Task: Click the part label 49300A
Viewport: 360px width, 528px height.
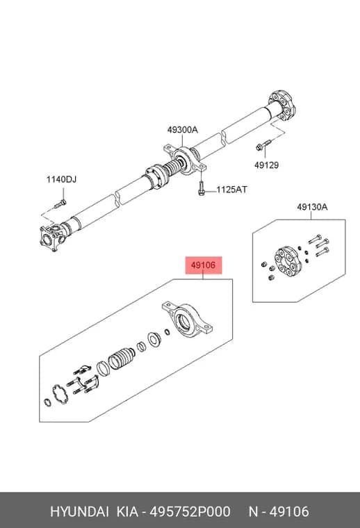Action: point(183,130)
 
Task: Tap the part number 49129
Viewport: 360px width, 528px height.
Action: point(266,165)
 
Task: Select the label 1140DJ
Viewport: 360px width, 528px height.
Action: point(61,179)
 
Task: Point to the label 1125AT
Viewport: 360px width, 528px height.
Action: point(231,190)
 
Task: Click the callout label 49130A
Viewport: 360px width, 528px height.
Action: point(312,207)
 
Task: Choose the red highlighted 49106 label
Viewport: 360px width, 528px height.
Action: point(204,265)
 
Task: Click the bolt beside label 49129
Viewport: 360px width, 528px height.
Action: point(263,145)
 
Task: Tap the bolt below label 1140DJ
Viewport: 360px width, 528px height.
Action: point(60,204)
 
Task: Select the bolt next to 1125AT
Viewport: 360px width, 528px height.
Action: point(201,188)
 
